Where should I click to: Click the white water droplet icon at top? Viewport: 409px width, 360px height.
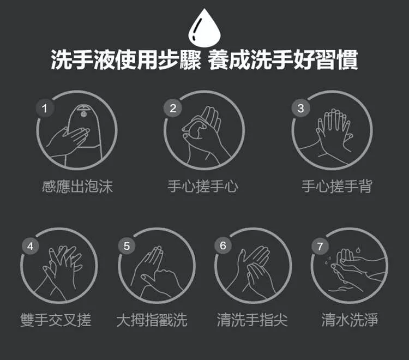[x=204, y=28]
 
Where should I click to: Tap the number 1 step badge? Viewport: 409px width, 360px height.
[x=45, y=108]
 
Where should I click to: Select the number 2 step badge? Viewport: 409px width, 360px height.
[x=173, y=108]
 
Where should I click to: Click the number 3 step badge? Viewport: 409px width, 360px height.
[x=300, y=108]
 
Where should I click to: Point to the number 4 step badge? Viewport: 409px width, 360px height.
[x=30, y=246]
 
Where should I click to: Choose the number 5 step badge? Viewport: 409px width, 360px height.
[x=127, y=246]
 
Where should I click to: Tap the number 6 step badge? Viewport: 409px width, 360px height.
[x=223, y=245]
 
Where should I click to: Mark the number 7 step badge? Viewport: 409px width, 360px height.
[x=320, y=246]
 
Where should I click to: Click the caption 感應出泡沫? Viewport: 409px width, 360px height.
[x=77, y=187]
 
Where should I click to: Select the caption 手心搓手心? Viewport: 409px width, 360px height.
[x=203, y=187]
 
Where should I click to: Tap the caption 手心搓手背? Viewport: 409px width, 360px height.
[x=337, y=186]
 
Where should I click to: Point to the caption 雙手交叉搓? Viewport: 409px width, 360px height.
[x=56, y=320]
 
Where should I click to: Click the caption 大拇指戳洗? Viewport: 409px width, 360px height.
[x=152, y=320]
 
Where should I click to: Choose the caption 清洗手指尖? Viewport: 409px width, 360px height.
[x=252, y=320]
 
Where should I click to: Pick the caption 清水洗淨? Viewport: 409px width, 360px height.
[x=350, y=320]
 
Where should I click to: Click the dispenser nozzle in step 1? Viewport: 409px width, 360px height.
[x=83, y=114]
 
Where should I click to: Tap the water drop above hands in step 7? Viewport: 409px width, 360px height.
[x=358, y=250]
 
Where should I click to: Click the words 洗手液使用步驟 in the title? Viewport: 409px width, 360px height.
[x=126, y=60]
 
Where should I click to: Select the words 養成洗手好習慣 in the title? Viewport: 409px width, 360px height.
[x=282, y=60]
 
